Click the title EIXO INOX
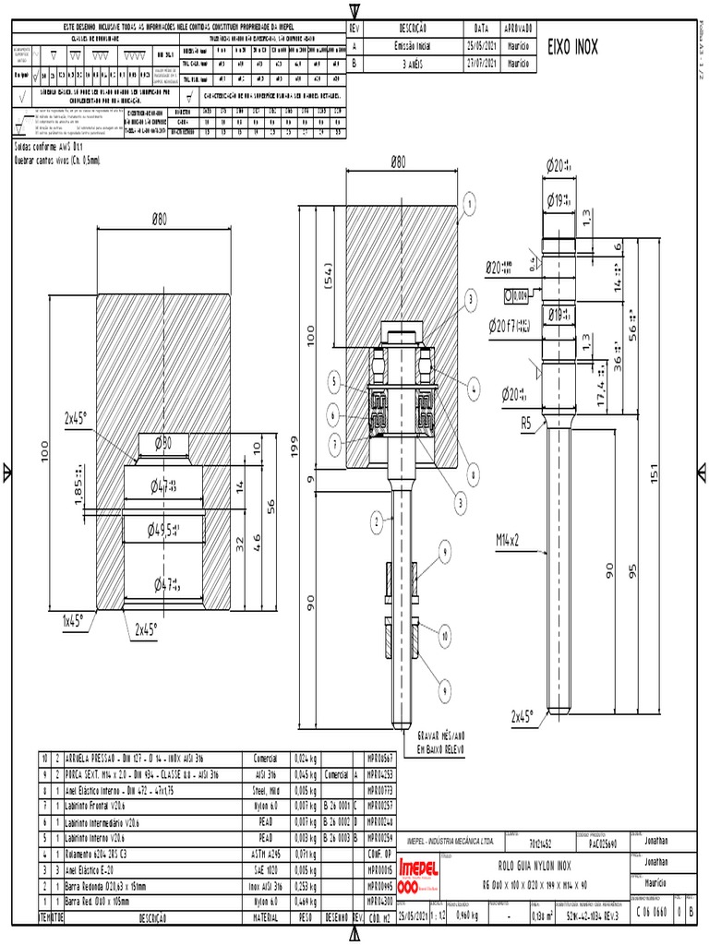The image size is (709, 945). pos(573,47)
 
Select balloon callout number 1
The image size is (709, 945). pos(469,204)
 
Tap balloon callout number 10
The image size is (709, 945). pos(445,637)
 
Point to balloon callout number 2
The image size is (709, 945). pos(377,523)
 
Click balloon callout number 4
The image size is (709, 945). pos(475,389)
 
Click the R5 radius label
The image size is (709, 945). pos(525,425)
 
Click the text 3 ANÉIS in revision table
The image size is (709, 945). pos(410,64)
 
